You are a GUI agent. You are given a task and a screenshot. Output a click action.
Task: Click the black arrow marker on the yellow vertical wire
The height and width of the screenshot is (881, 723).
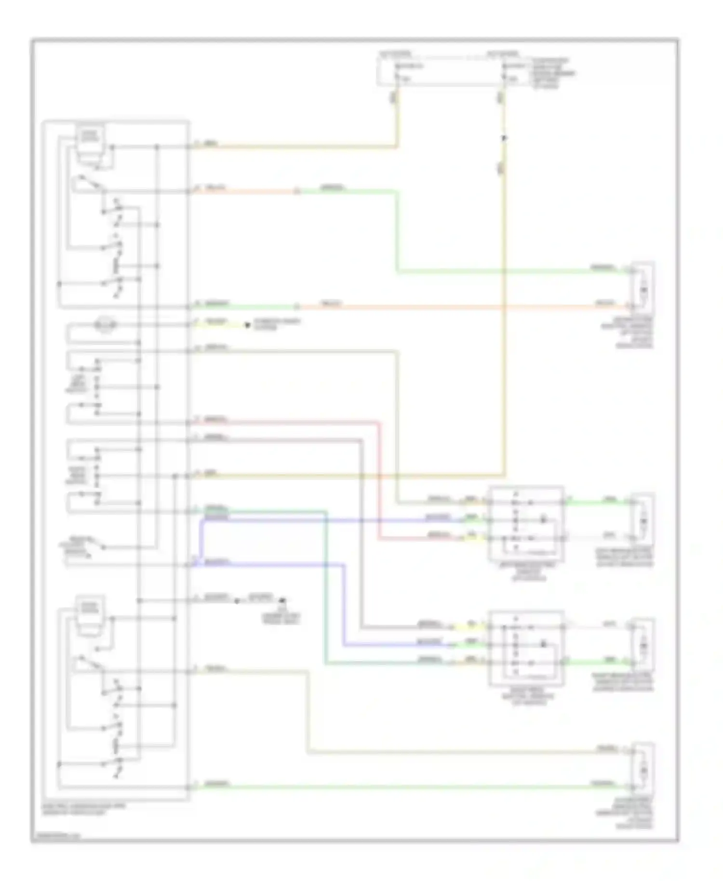[504, 138]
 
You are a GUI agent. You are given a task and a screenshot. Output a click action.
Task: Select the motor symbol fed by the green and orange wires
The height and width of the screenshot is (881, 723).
[643, 289]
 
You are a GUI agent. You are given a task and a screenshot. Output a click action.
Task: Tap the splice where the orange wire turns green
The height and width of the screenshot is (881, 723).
[297, 191]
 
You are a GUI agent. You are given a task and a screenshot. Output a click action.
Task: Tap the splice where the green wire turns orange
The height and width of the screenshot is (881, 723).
[297, 307]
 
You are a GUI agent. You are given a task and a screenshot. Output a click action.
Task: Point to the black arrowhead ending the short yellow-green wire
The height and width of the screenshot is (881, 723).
[247, 325]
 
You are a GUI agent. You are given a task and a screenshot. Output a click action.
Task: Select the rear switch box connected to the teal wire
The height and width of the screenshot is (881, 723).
[526, 647]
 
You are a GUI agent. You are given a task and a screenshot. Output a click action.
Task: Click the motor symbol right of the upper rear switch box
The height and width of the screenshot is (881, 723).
[643, 521]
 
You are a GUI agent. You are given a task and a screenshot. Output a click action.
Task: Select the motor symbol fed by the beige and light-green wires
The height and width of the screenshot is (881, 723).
[643, 771]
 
